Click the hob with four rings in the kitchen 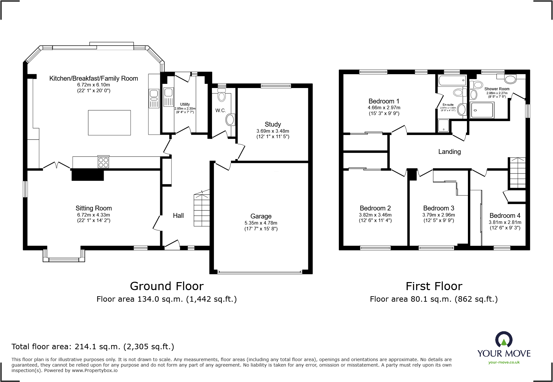(x=103, y=162)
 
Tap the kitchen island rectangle (x=109, y=122)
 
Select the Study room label (x=273, y=124)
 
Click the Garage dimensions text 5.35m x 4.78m (x=261, y=223)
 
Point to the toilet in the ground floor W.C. (x=222, y=95)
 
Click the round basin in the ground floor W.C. (x=230, y=120)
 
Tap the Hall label (x=178, y=216)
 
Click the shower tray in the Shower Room (x=481, y=110)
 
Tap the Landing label (x=449, y=152)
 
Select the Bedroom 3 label (x=438, y=208)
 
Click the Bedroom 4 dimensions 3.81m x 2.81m (x=505, y=222)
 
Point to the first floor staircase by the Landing (x=517, y=173)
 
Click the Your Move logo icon (x=504, y=340)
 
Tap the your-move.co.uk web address (x=504, y=362)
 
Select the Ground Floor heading (x=167, y=286)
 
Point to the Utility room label (x=185, y=104)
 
